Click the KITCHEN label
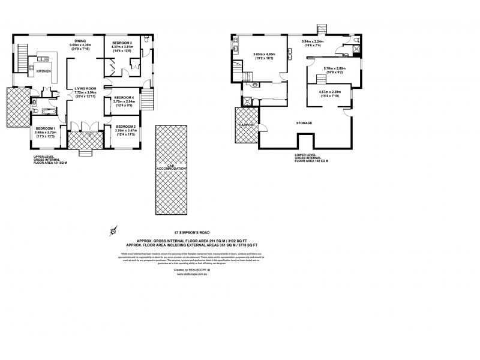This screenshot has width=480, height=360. click(x=43, y=71)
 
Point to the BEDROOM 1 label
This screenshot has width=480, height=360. click(x=44, y=128)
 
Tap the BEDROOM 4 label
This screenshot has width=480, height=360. click(x=124, y=98)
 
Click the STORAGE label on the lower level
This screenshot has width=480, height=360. click(x=304, y=124)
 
